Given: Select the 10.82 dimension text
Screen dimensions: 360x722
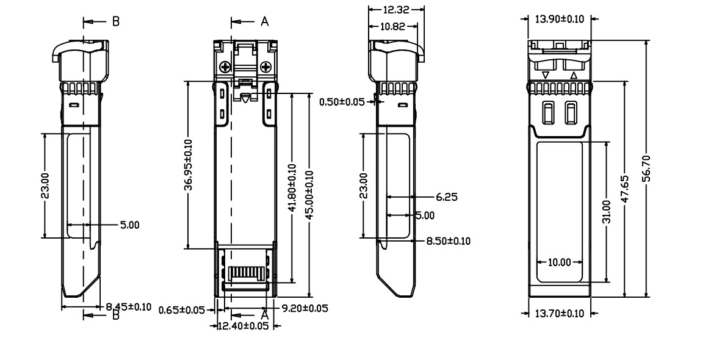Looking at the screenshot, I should [x=393, y=26].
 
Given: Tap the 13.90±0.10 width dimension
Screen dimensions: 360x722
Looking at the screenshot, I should [x=559, y=19].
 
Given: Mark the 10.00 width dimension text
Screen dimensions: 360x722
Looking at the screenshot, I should [x=559, y=262].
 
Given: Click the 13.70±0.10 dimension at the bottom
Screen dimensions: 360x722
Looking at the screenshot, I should [x=559, y=313].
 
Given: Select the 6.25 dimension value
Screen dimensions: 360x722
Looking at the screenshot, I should [x=447, y=197].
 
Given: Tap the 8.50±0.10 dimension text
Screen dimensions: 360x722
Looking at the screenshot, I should [x=448, y=241].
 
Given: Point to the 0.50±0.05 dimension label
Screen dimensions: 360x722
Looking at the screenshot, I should [x=341, y=101].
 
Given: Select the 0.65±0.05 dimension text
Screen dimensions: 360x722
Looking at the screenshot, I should [x=181, y=310].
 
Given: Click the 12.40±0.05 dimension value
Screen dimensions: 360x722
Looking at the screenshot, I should [x=244, y=326].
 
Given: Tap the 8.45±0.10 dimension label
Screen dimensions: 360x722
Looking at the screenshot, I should [x=129, y=306].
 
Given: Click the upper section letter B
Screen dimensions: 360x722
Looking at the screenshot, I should [x=115, y=21].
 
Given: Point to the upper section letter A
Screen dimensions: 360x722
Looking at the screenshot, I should [x=264, y=21].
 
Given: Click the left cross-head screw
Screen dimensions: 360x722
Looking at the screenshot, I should [x=226, y=67].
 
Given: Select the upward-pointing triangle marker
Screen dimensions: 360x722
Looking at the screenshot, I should [x=573, y=76].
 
